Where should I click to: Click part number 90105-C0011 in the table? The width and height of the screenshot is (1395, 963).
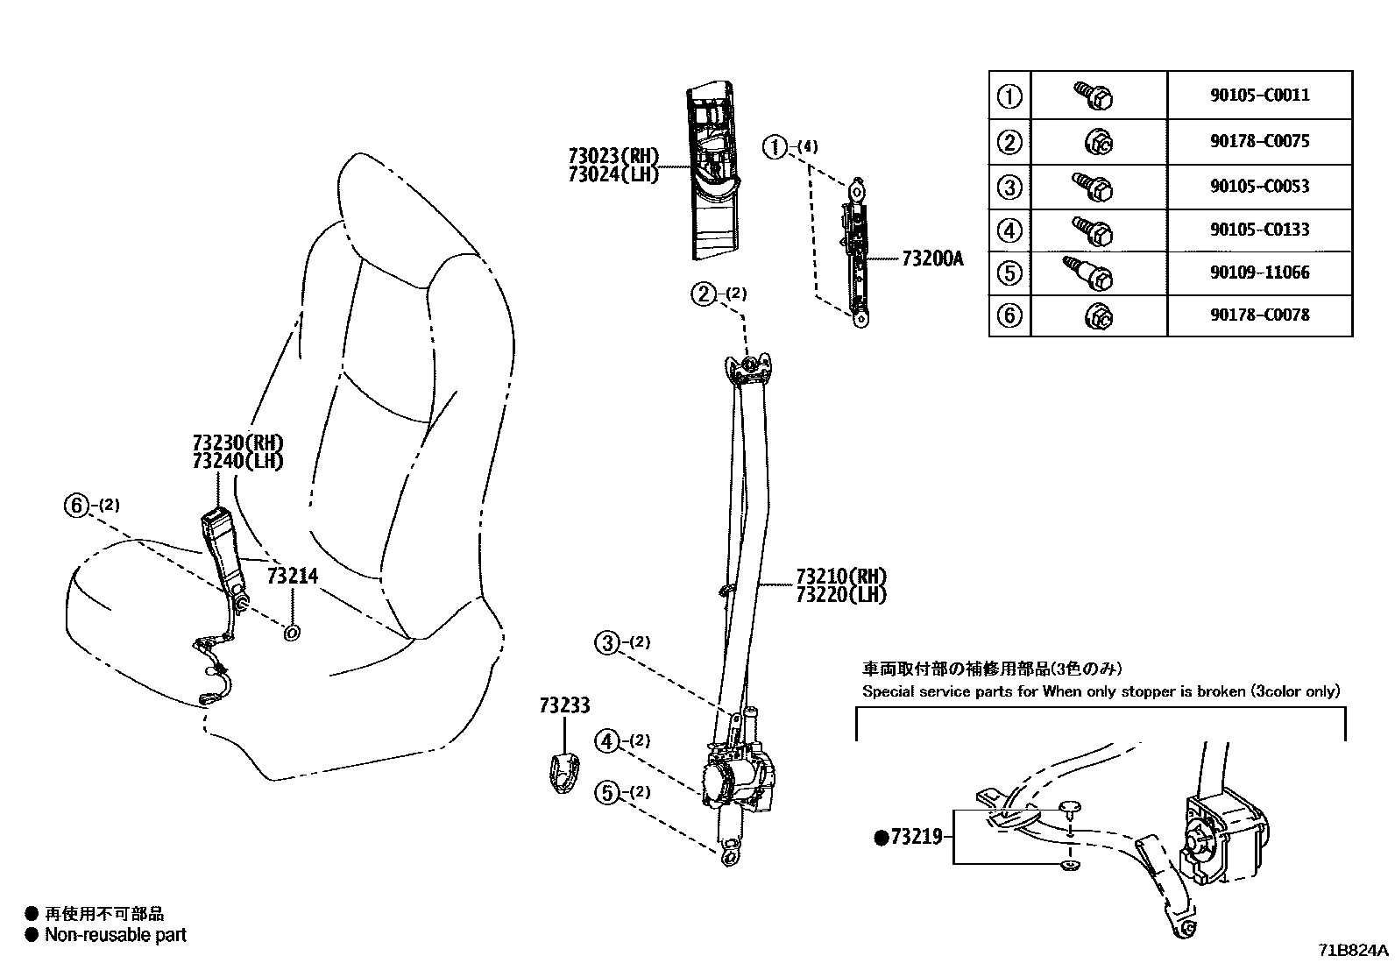pyautogui.click(x=1259, y=95)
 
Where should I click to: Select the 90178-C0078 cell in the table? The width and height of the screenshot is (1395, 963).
pyautogui.click(x=1259, y=315)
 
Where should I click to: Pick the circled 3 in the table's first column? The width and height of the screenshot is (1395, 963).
pyautogui.click(x=1009, y=187)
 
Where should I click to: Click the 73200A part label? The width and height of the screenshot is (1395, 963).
pyautogui.click(x=931, y=259)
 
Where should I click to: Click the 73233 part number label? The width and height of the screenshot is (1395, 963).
pyautogui.click(x=564, y=705)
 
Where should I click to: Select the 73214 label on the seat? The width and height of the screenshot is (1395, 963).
pyautogui.click(x=292, y=577)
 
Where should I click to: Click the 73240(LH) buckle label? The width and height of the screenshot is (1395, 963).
pyautogui.click(x=237, y=461)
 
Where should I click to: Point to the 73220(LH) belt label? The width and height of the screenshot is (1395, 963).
pyautogui.click(x=840, y=595)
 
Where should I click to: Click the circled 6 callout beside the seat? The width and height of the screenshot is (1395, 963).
pyautogui.click(x=77, y=506)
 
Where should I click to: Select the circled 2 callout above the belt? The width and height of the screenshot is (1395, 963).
pyautogui.click(x=704, y=294)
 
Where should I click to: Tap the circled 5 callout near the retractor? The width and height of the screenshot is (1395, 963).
pyautogui.click(x=606, y=792)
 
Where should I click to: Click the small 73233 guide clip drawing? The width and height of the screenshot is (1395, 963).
pyautogui.click(x=563, y=771)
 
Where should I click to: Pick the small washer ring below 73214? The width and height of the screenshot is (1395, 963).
pyautogui.click(x=292, y=631)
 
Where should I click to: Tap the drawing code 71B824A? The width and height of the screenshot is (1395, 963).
pyautogui.click(x=1354, y=950)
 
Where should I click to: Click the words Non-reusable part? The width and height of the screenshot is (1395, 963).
pyautogui.click(x=116, y=936)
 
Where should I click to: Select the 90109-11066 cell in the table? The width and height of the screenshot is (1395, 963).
pyautogui.click(x=1259, y=272)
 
